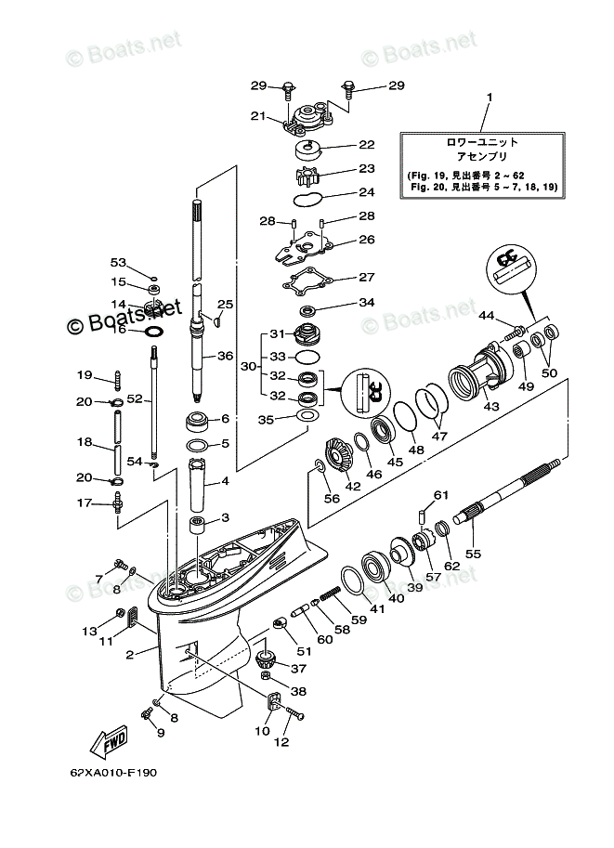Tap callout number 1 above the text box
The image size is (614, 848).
click(x=490, y=97)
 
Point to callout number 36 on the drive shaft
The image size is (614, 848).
click(x=225, y=356)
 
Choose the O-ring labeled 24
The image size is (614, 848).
click(x=308, y=198)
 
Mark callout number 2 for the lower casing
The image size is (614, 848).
click(x=131, y=655)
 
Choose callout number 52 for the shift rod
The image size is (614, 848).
click(x=135, y=398)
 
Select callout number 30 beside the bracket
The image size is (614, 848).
click(x=247, y=366)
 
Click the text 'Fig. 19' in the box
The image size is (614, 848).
click(x=428, y=175)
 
